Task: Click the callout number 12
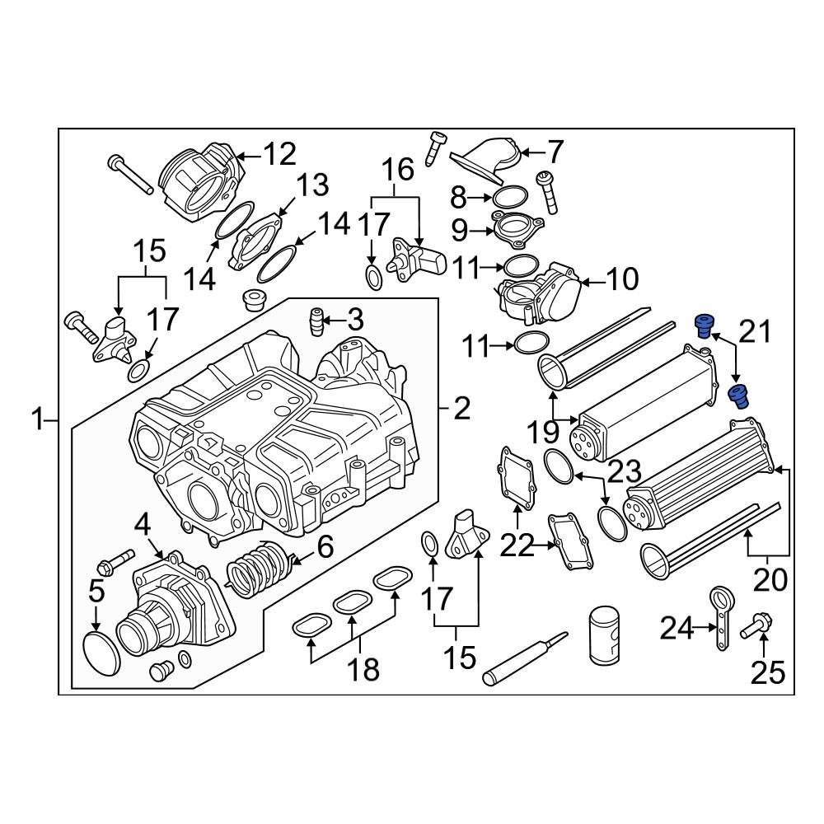tap(279, 153)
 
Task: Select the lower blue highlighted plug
tap(739, 396)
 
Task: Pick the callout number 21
tap(756, 334)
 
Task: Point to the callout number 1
tap(37, 422)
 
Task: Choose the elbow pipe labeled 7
tap(486, 161)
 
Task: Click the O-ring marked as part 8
tap(509, 197)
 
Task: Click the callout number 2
tap(461, 407)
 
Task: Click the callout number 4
tap(143, 523)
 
